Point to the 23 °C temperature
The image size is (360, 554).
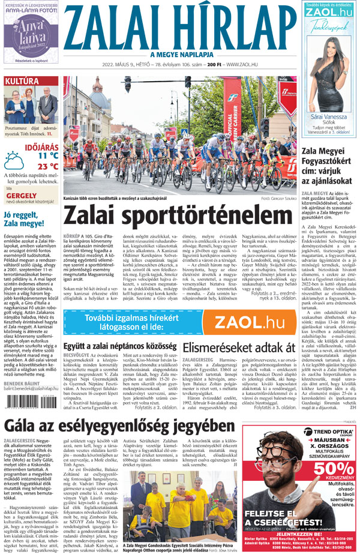click(x=47, y=166)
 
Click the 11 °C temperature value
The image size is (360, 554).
click(x=47, y=155)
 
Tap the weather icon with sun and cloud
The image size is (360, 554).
click(x=15, y=161)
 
